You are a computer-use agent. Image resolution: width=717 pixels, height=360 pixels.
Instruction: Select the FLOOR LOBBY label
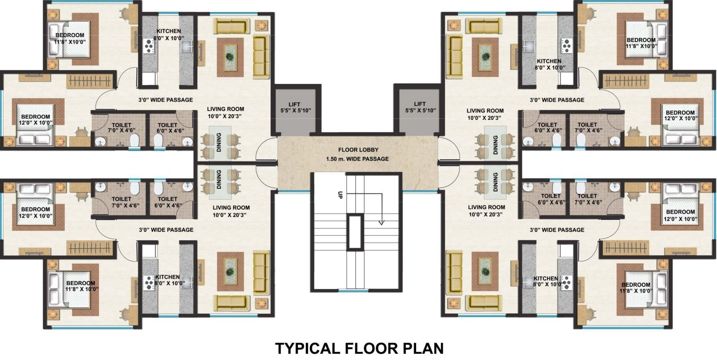point(358,150)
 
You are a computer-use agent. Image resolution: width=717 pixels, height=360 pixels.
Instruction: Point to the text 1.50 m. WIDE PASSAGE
point(357,159)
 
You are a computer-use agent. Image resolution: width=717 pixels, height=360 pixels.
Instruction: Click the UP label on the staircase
point(340,195)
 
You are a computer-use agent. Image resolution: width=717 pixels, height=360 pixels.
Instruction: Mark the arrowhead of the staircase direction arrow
point(381,222)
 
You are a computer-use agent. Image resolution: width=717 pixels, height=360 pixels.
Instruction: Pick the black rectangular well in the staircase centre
point(355,232)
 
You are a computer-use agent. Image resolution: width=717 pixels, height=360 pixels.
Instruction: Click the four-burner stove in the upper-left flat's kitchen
point(149,46)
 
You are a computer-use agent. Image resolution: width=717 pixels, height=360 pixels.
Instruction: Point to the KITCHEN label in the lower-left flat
point(168,277)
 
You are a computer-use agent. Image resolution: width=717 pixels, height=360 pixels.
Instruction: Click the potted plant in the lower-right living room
point(485,271)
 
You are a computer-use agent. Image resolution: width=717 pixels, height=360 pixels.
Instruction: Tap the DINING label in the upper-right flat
point(495,145)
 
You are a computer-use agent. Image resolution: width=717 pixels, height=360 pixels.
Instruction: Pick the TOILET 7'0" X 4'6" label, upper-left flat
point(121,128)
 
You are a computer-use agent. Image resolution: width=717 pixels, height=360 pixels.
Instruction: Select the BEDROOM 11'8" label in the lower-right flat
point(636,288)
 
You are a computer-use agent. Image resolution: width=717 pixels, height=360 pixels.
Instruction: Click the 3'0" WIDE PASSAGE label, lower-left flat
point(166,230)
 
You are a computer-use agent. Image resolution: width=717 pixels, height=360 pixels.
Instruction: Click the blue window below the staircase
point(353,291)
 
